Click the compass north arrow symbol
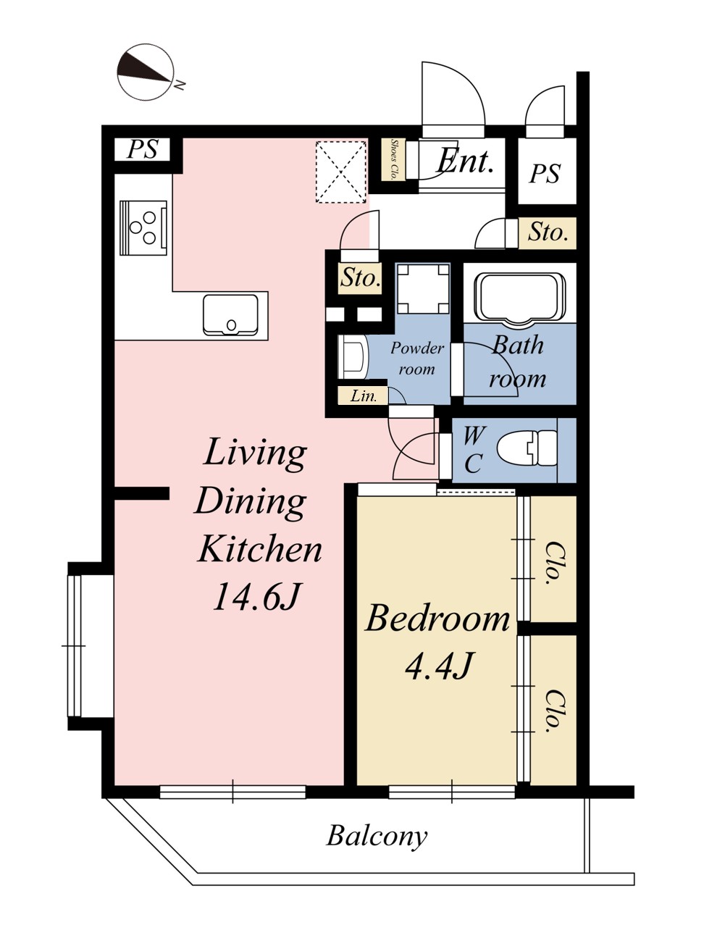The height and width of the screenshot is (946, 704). pyautogui.click(x=146, y=72)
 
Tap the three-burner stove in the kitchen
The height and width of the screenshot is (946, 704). pyautogui.click(x=143, y=227)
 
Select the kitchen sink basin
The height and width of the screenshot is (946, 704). pyautogui.click(x=230, y=315)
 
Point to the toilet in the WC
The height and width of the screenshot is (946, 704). pyautogui.click(x=527, y=448)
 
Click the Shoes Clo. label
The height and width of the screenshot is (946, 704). pyautogui.click(x=394, y=159)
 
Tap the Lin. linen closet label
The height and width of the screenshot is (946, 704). pyautogui.click(x=364, y=396)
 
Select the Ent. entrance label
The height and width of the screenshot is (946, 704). pyautogui.click(x=464, y=161)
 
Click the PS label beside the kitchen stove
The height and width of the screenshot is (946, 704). pyautogui.click(x=143, y=149)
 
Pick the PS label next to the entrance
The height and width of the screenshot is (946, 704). pyautogui.click(x=545, y=174)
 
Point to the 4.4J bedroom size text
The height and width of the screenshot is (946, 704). pyautogui.click(x=439, y=666)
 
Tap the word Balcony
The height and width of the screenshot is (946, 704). pyautogui.click(x=377, y=837)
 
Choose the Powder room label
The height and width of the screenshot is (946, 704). pyautogui.click(x=417, y=359)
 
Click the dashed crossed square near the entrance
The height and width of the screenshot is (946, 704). pyautogui.click(x=341, y=172)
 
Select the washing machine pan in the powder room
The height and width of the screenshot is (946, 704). pyautogui.click(x=423, y=289)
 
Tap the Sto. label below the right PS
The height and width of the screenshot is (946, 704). pyautogui.click(x=548, y=233)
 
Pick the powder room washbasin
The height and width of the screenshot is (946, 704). pyautogui.click(x=353, y=357)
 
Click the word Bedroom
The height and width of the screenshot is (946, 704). pyautogui.click(x=437, y=619)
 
